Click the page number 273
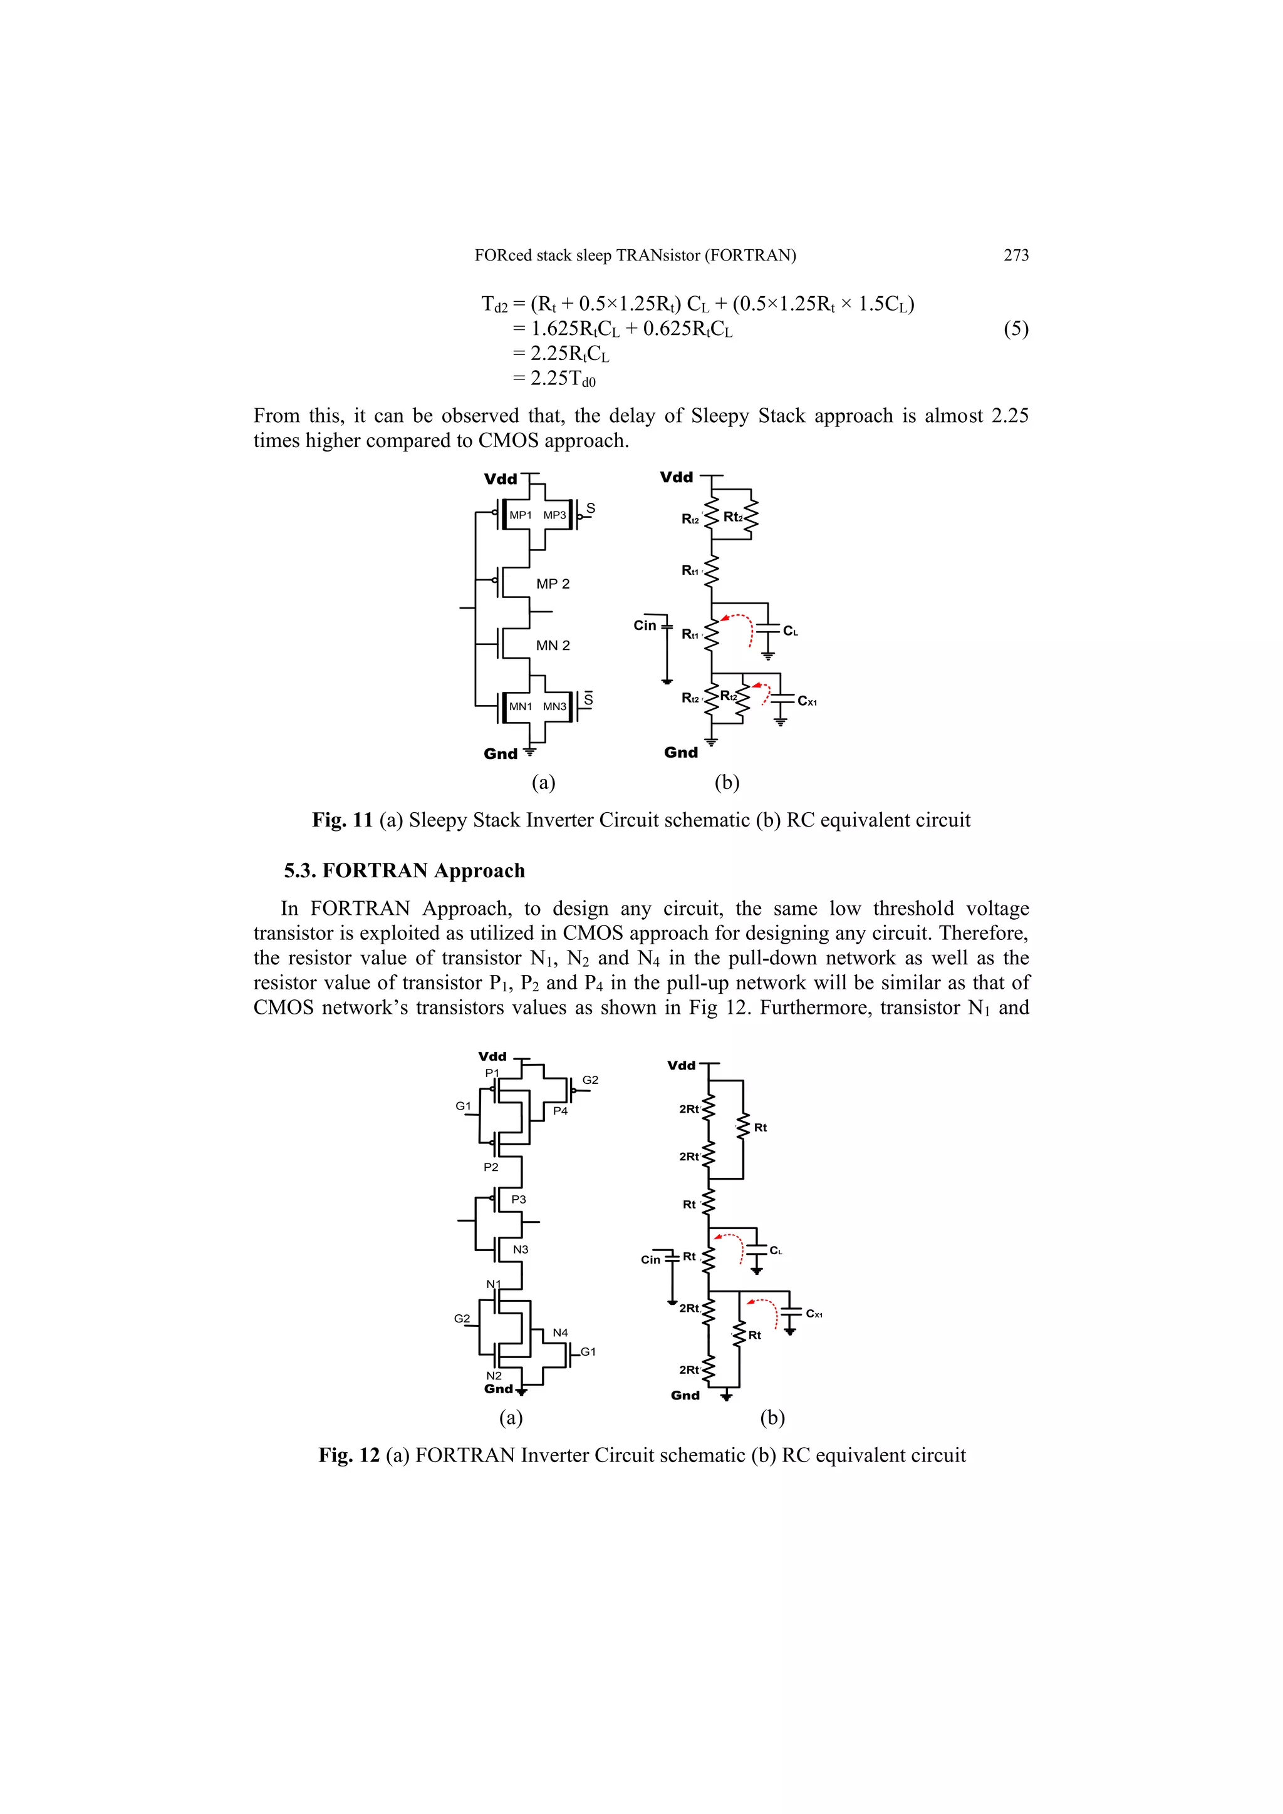coord(1015,255)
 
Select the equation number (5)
coord(1015,329)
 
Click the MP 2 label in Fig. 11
coord(553,584)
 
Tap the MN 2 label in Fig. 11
coord(553,646)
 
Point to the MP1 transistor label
coord(520,515)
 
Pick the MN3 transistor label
coord(554,706)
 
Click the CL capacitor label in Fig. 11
coord(791,631)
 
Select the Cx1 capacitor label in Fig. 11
coord(806,701)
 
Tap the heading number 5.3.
coord(301,870)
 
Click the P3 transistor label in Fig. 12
coord(519,1199)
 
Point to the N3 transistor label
coord(520,1249)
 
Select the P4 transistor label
coord(559,1111)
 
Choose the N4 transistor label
coord(559,1332)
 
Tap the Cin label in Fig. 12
coord(650,1259)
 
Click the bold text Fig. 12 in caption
coord(348,1455)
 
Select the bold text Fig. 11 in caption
coord(342,820)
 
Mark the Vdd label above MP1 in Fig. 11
coord(501,480)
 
